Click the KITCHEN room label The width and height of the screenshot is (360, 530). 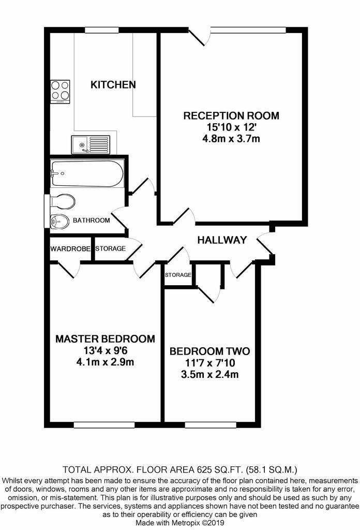[113, 84]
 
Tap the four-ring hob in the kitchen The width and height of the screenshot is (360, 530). [61, 92]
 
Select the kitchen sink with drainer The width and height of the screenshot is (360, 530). [91, 145]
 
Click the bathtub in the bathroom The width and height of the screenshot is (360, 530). [87, 174]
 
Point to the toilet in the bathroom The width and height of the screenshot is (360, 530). [63, 202]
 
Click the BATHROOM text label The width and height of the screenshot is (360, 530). [92, 220]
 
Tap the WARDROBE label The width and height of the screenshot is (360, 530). [70, 249]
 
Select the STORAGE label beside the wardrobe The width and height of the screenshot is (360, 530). [111, 249]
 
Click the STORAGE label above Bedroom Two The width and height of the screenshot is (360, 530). [178, 275]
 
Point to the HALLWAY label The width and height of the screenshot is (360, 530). [222, 240]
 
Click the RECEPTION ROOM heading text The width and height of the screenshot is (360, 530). [231, 116]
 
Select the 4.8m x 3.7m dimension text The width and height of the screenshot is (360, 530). [231, 139]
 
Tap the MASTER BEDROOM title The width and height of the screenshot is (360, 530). [105, 339]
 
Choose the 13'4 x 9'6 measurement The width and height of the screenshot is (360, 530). [105, 350]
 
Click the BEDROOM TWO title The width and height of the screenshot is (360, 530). [209, 351]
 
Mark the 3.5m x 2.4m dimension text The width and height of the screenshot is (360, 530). [209, 375]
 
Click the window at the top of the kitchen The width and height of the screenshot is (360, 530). [102, 30]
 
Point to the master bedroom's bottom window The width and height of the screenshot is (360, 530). [104, 425]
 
